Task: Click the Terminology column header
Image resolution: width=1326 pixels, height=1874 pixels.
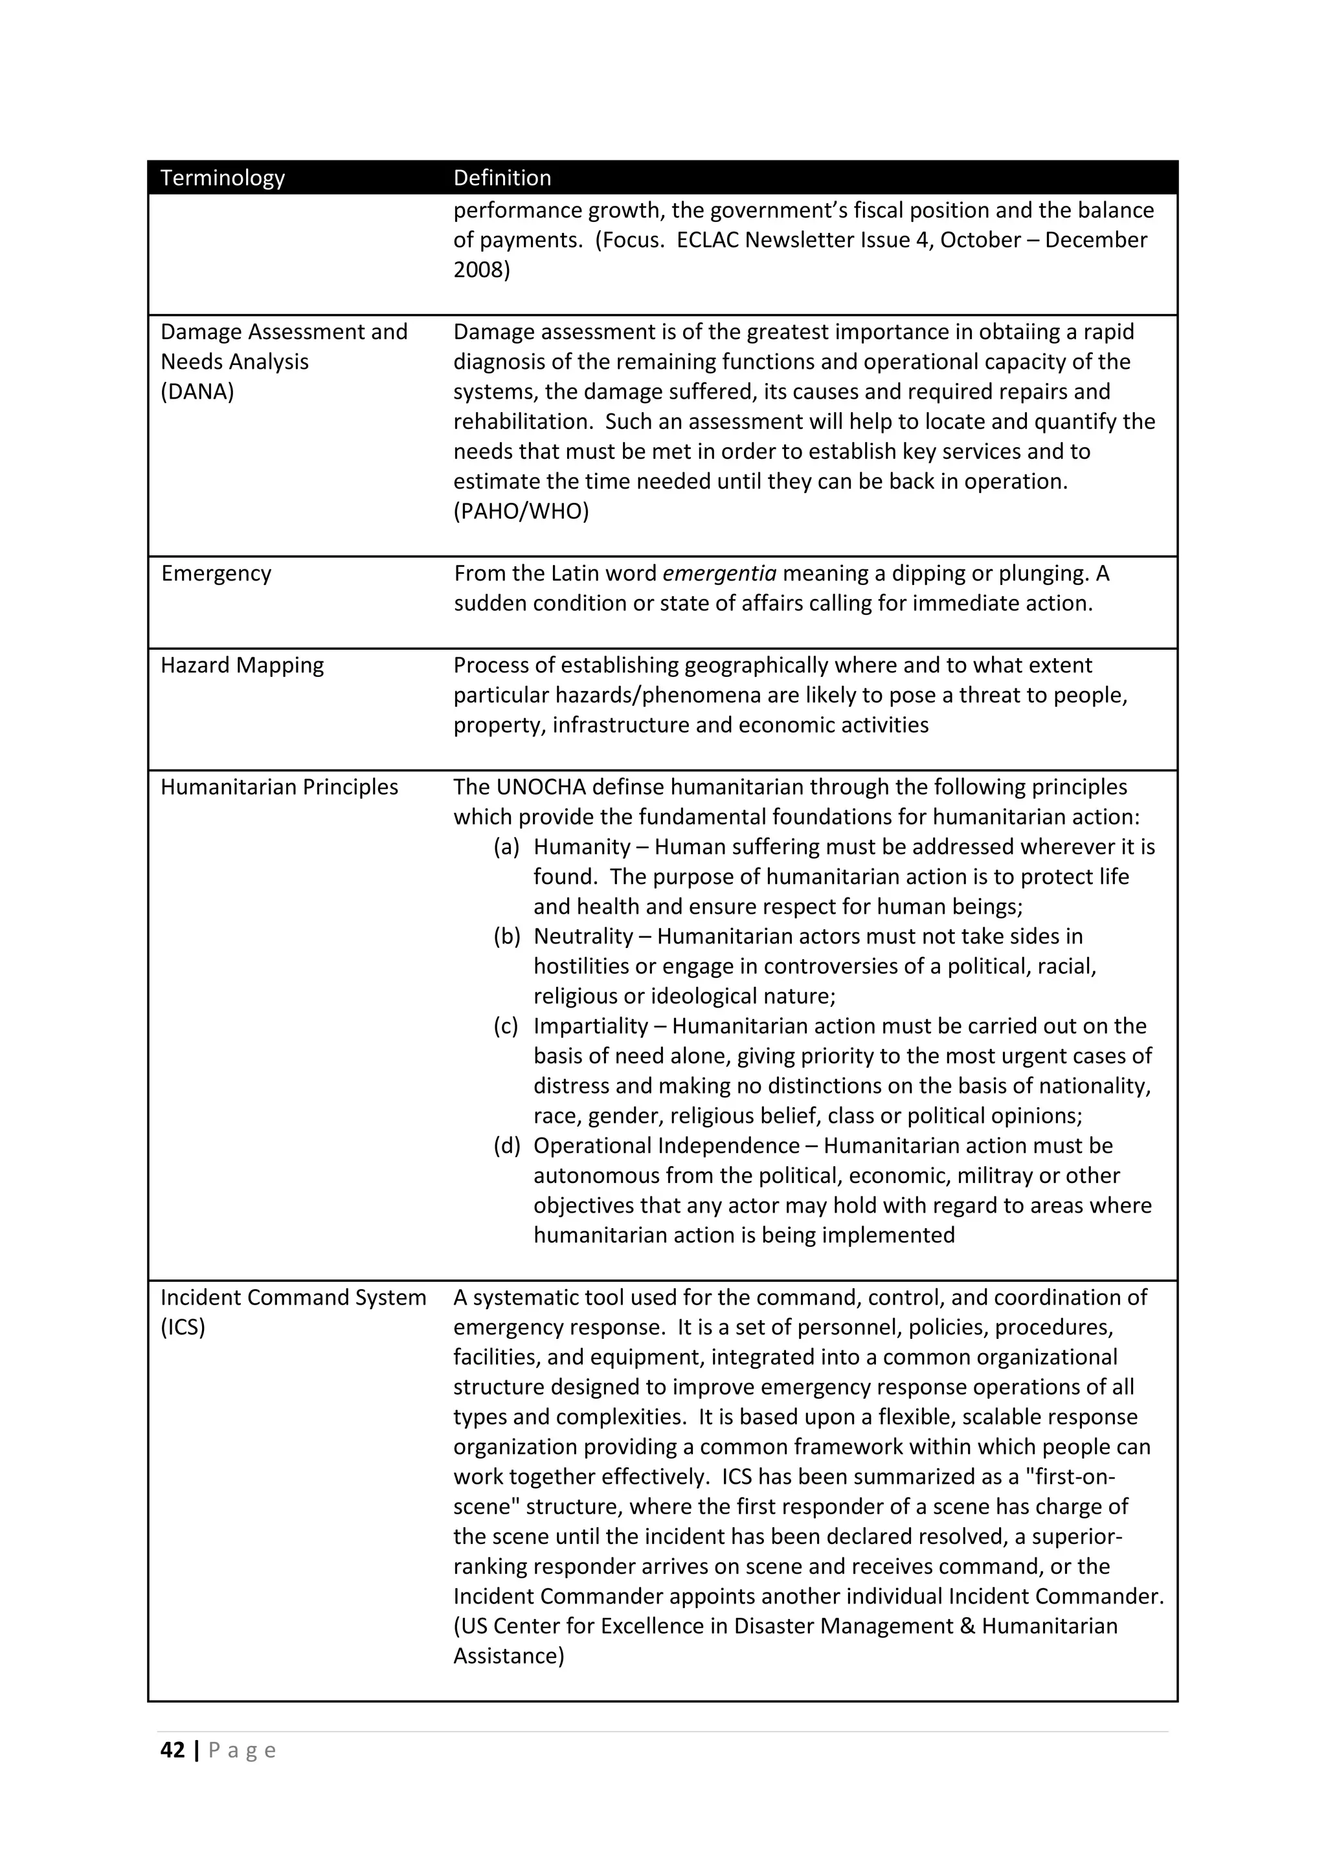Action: coord(222,178)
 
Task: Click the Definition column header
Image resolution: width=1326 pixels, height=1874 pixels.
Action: coord(502,178)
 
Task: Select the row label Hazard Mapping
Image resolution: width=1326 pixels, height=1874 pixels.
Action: coord(242,665)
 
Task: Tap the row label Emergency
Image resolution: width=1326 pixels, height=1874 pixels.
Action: coord(216,574)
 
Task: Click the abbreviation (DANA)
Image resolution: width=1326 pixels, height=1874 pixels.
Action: coord(197,391)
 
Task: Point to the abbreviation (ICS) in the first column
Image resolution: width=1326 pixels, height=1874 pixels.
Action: coord(183,1327)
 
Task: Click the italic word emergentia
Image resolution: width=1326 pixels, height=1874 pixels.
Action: coord(719,574)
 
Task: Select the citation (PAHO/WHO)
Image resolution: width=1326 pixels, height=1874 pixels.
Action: coord(521,512)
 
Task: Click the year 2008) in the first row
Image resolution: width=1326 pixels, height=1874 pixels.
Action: coord(481,270)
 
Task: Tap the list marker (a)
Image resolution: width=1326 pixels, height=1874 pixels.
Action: coord(506,847)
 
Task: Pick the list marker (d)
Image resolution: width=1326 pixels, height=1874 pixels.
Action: coord(506,1146)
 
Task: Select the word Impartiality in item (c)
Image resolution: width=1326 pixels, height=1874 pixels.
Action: coord(590,1027)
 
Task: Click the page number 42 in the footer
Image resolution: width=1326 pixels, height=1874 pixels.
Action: coord(172,1751)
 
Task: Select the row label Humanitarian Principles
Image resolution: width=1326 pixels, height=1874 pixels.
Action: coord(279,788)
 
